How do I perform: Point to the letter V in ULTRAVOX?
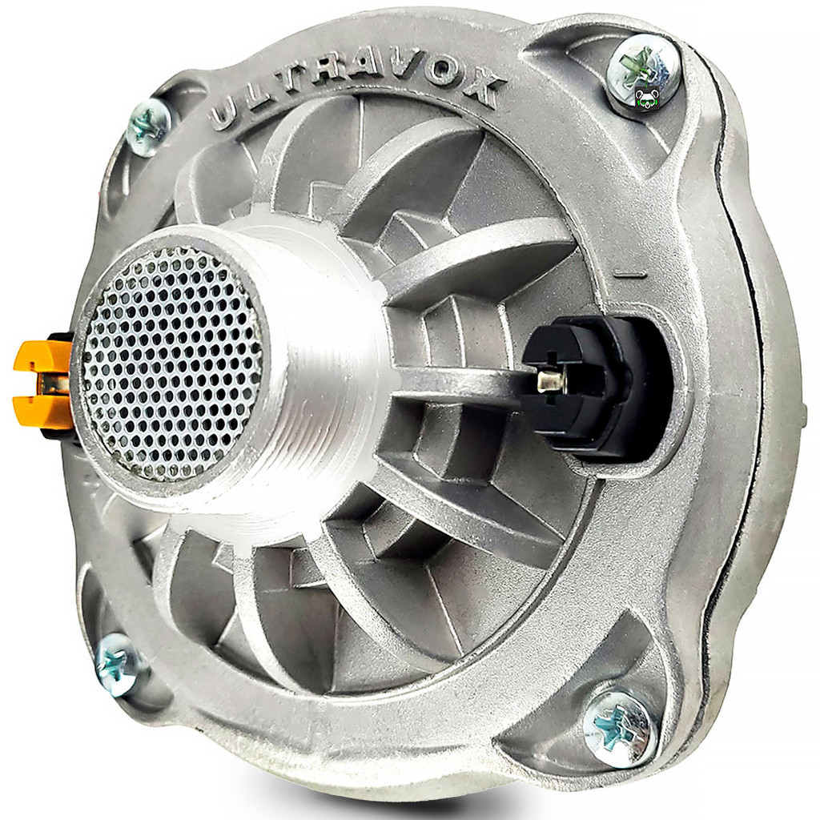(x=404, y=67)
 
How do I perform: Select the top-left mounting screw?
(x=148, y=127)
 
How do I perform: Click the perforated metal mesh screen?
(x=171, y=364)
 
